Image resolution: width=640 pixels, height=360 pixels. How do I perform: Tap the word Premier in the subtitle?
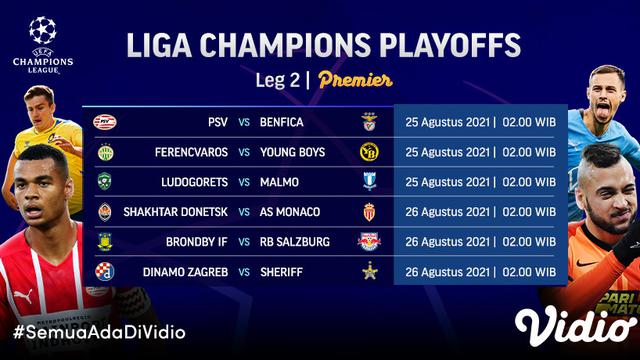(355, 81)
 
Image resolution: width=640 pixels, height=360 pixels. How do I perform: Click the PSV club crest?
(105, 123)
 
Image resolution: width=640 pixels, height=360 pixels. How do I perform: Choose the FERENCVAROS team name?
(186, 153)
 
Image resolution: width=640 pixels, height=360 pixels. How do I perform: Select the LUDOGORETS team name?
(188, 183)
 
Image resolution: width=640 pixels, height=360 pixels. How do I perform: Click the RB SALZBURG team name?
(298, 242)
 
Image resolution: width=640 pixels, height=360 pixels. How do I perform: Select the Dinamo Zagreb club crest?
(105, 271)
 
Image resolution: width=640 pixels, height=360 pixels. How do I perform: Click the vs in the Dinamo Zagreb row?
(244, 271)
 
